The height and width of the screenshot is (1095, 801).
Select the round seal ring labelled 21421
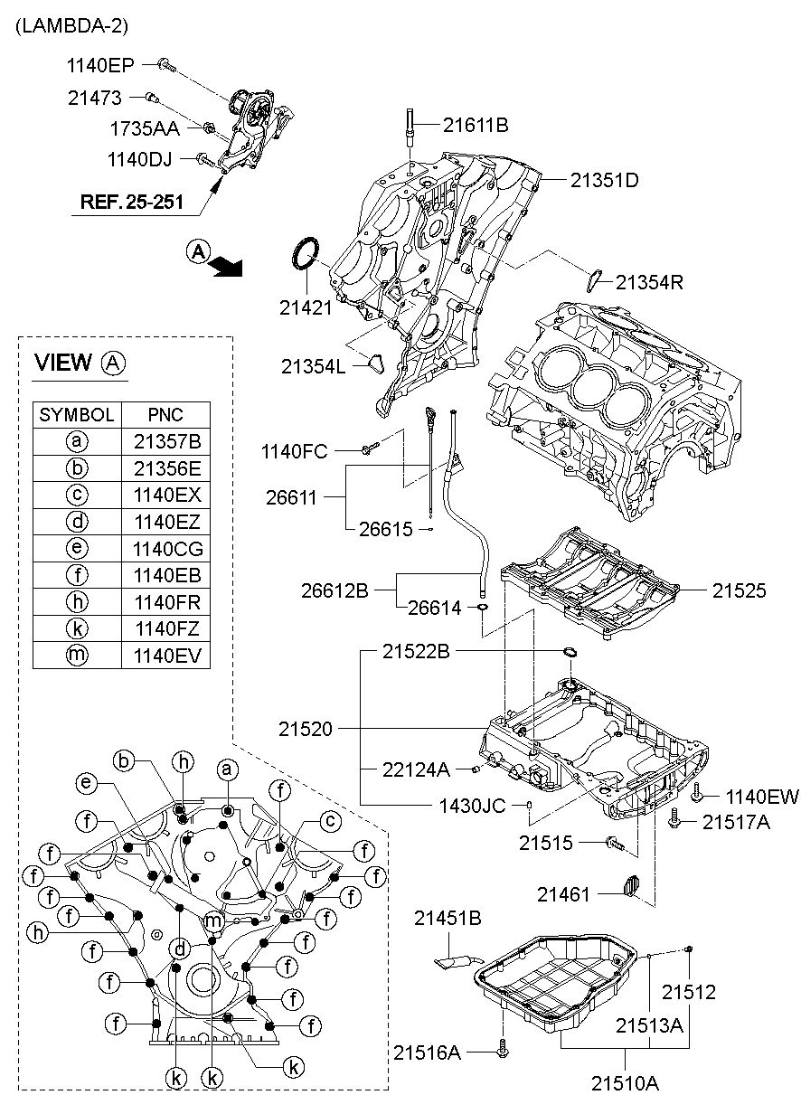305,253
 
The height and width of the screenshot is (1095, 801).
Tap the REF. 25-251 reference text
132,201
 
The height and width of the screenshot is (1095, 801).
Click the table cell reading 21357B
165,442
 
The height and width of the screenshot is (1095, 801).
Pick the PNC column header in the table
165,415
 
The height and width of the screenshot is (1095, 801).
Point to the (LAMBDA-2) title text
71,26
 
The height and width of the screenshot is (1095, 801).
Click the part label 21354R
649,282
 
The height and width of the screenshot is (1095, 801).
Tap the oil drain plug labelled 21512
688,948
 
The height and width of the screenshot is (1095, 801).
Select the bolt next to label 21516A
504,1050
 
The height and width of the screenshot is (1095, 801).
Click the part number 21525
739,591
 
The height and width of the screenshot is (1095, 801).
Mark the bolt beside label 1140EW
698,796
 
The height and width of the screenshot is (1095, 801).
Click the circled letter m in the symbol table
77,656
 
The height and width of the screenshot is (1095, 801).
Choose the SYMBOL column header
77,415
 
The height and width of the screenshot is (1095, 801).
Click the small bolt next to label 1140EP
166,63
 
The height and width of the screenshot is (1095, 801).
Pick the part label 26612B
335,590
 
